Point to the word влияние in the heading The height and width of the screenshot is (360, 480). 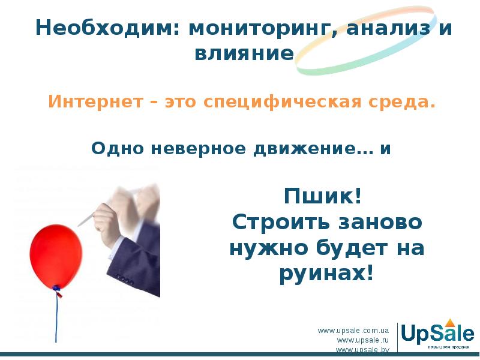[x=244, y=54]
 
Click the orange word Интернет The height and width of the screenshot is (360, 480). [x=94, y=102]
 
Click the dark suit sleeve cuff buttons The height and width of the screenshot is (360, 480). [x=124, y=277]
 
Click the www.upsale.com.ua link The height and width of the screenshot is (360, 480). [x=353, y=331]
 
